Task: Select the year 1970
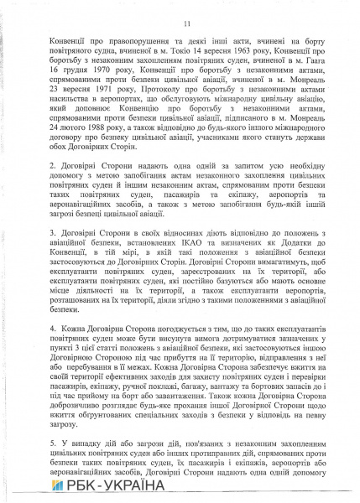click(87, 75)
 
